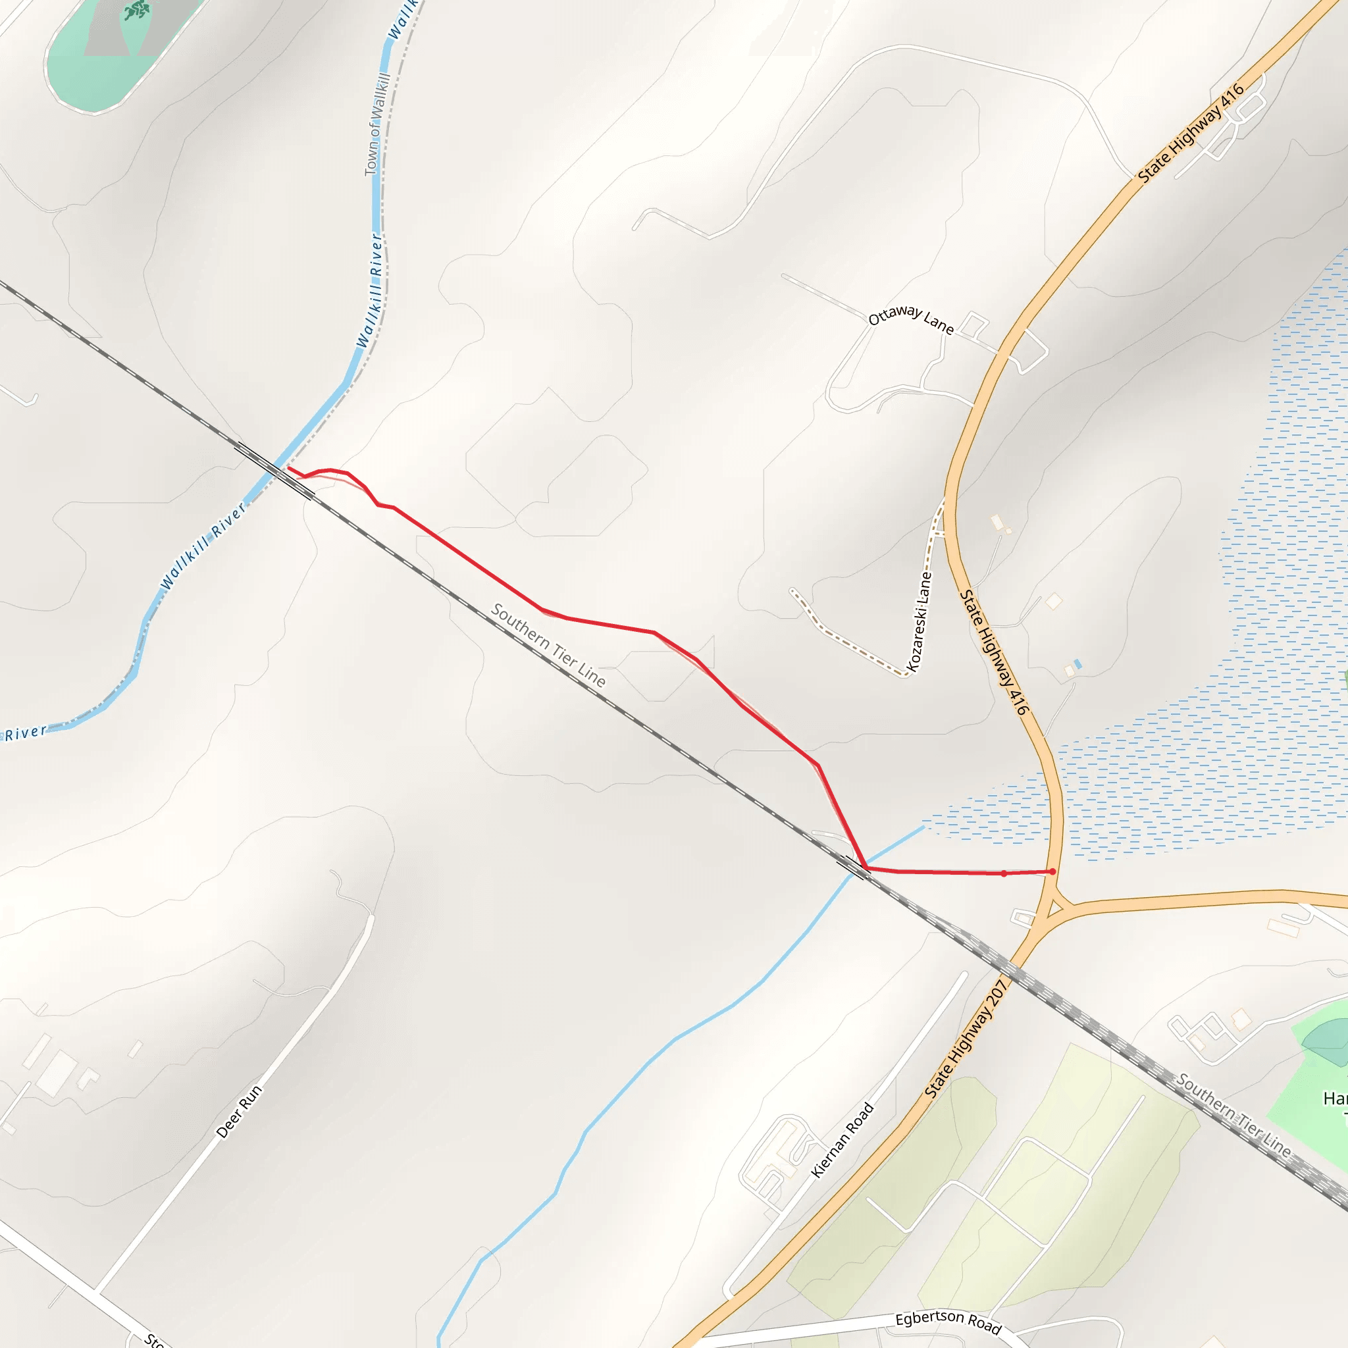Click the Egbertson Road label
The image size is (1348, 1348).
948,1322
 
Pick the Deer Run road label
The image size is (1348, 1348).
240,1112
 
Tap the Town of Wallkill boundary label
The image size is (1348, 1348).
376,124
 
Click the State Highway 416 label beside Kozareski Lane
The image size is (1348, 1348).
995,652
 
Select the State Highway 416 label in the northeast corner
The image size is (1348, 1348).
1191,132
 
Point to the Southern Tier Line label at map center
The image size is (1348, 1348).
548,644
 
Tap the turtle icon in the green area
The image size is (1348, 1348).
138,10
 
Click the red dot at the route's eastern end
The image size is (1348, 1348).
1053,871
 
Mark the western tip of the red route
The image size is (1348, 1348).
289,468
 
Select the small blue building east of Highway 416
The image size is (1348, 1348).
1078,664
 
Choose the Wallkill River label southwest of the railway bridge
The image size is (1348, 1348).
202,546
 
